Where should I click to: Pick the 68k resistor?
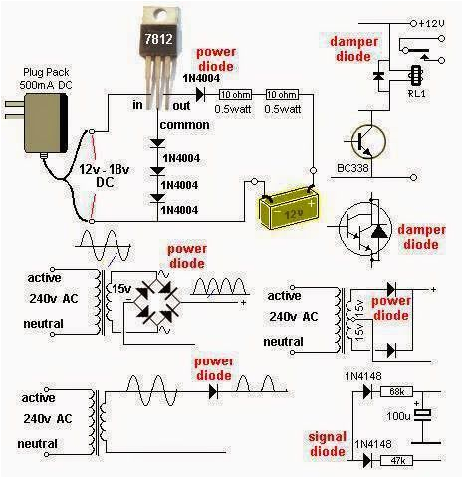[395, 393]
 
